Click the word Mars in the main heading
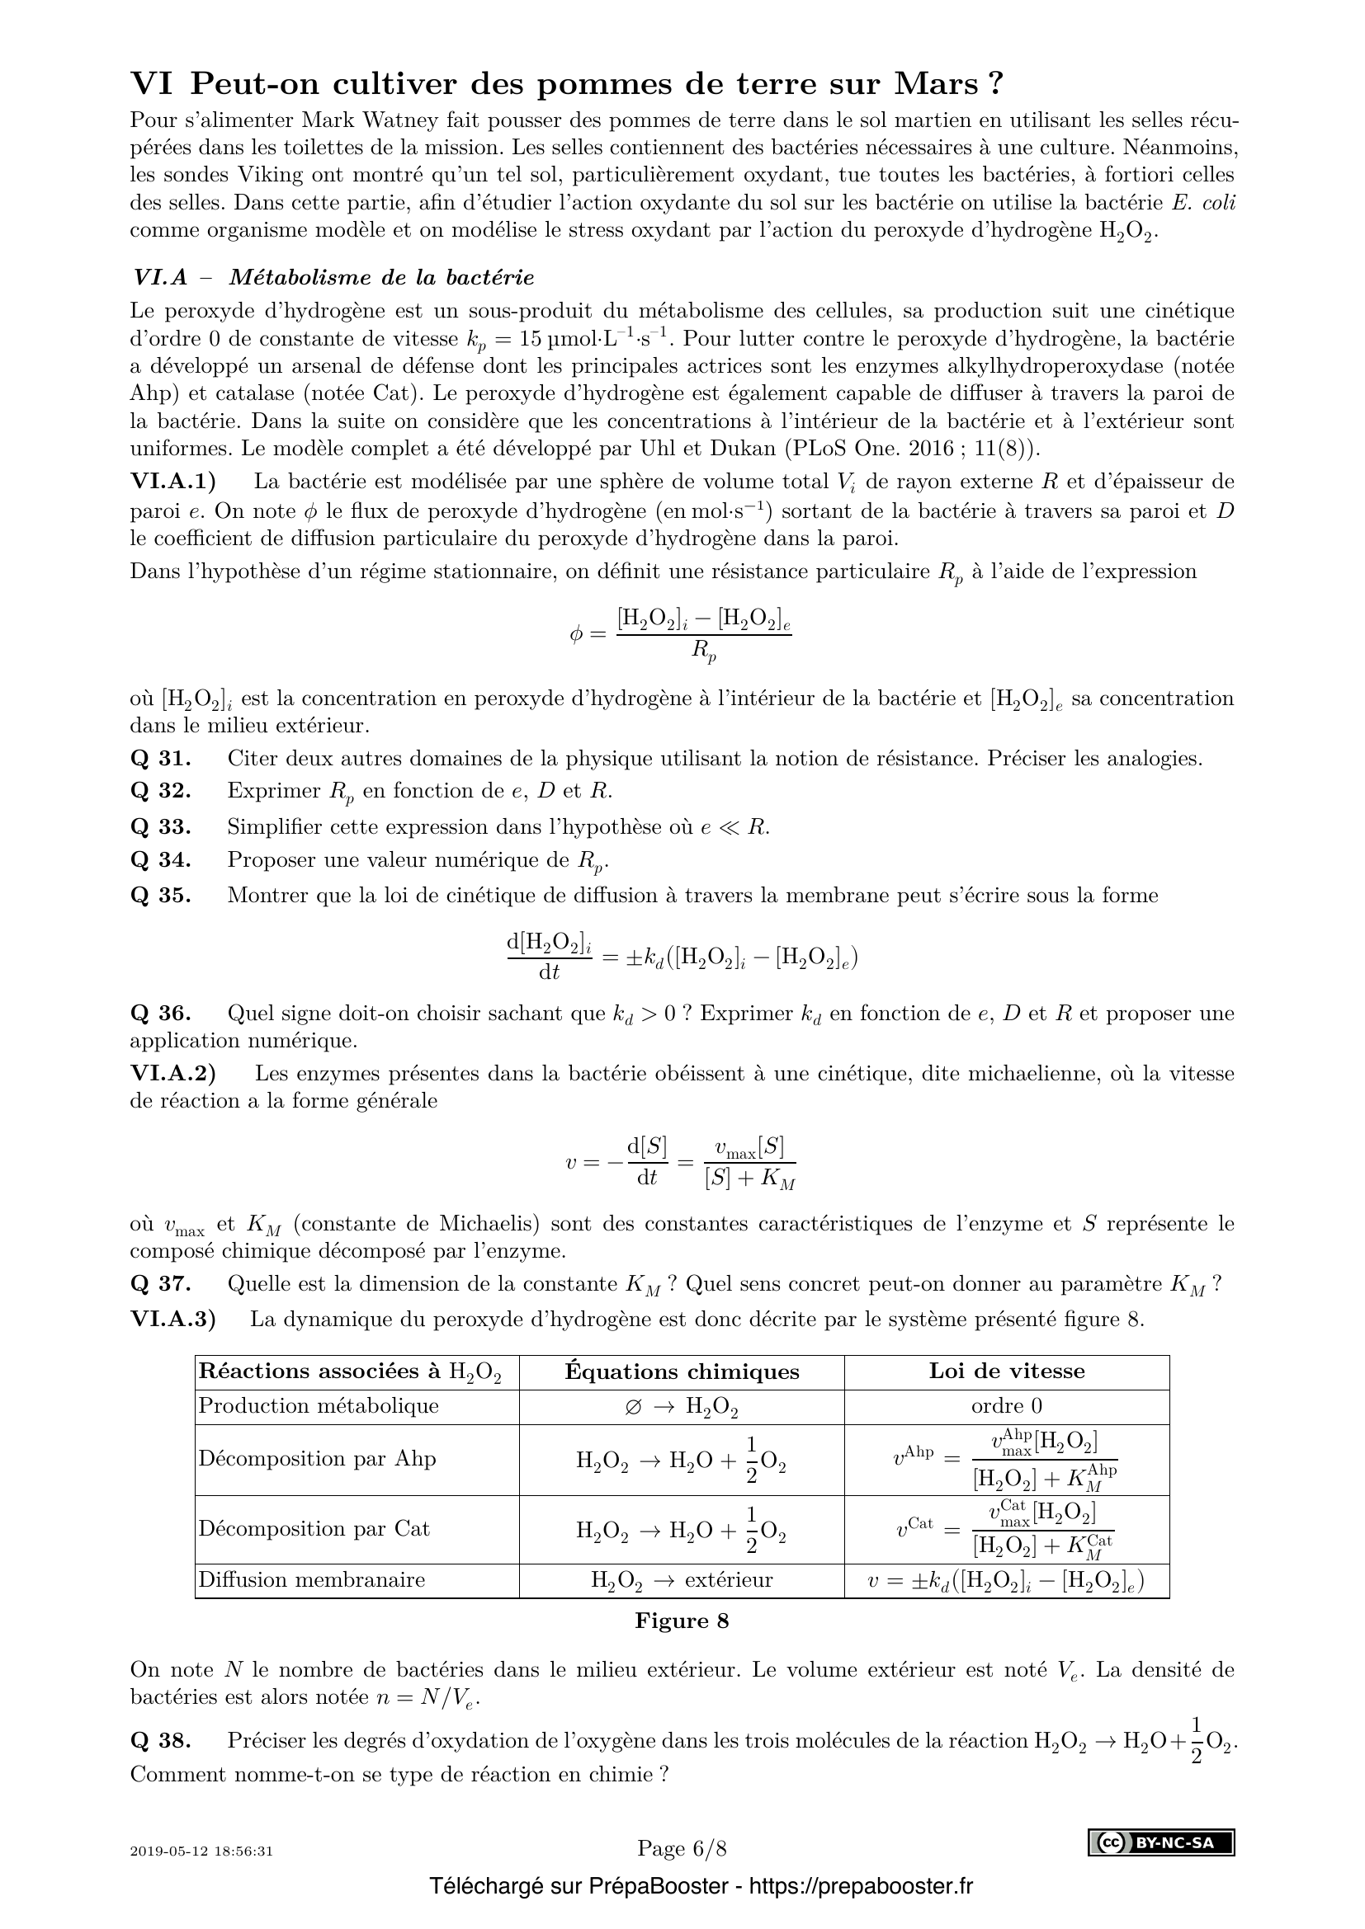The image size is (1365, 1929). pos(936,85)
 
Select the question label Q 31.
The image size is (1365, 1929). pos(161,759)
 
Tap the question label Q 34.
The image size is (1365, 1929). pos(161,859)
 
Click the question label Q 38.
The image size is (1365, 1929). pos(161,1740)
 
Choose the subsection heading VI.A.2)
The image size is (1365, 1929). pos(172,1073)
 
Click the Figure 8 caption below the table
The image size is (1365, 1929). pos(682,1621)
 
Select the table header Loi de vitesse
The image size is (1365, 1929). pos(1006,1371)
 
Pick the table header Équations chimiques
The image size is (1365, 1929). pos(682,1371)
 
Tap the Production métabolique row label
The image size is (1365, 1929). pos(318,1405)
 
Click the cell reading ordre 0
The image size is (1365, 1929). pos(1006,1405)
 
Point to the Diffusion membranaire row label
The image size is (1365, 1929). pos(311,1579)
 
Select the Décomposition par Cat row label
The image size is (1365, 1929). pos(314,1528)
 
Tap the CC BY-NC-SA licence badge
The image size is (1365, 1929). pos(1162,1843)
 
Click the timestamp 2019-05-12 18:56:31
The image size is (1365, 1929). pos(201,1851)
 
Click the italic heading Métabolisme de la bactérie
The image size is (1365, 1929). pos(381,277)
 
